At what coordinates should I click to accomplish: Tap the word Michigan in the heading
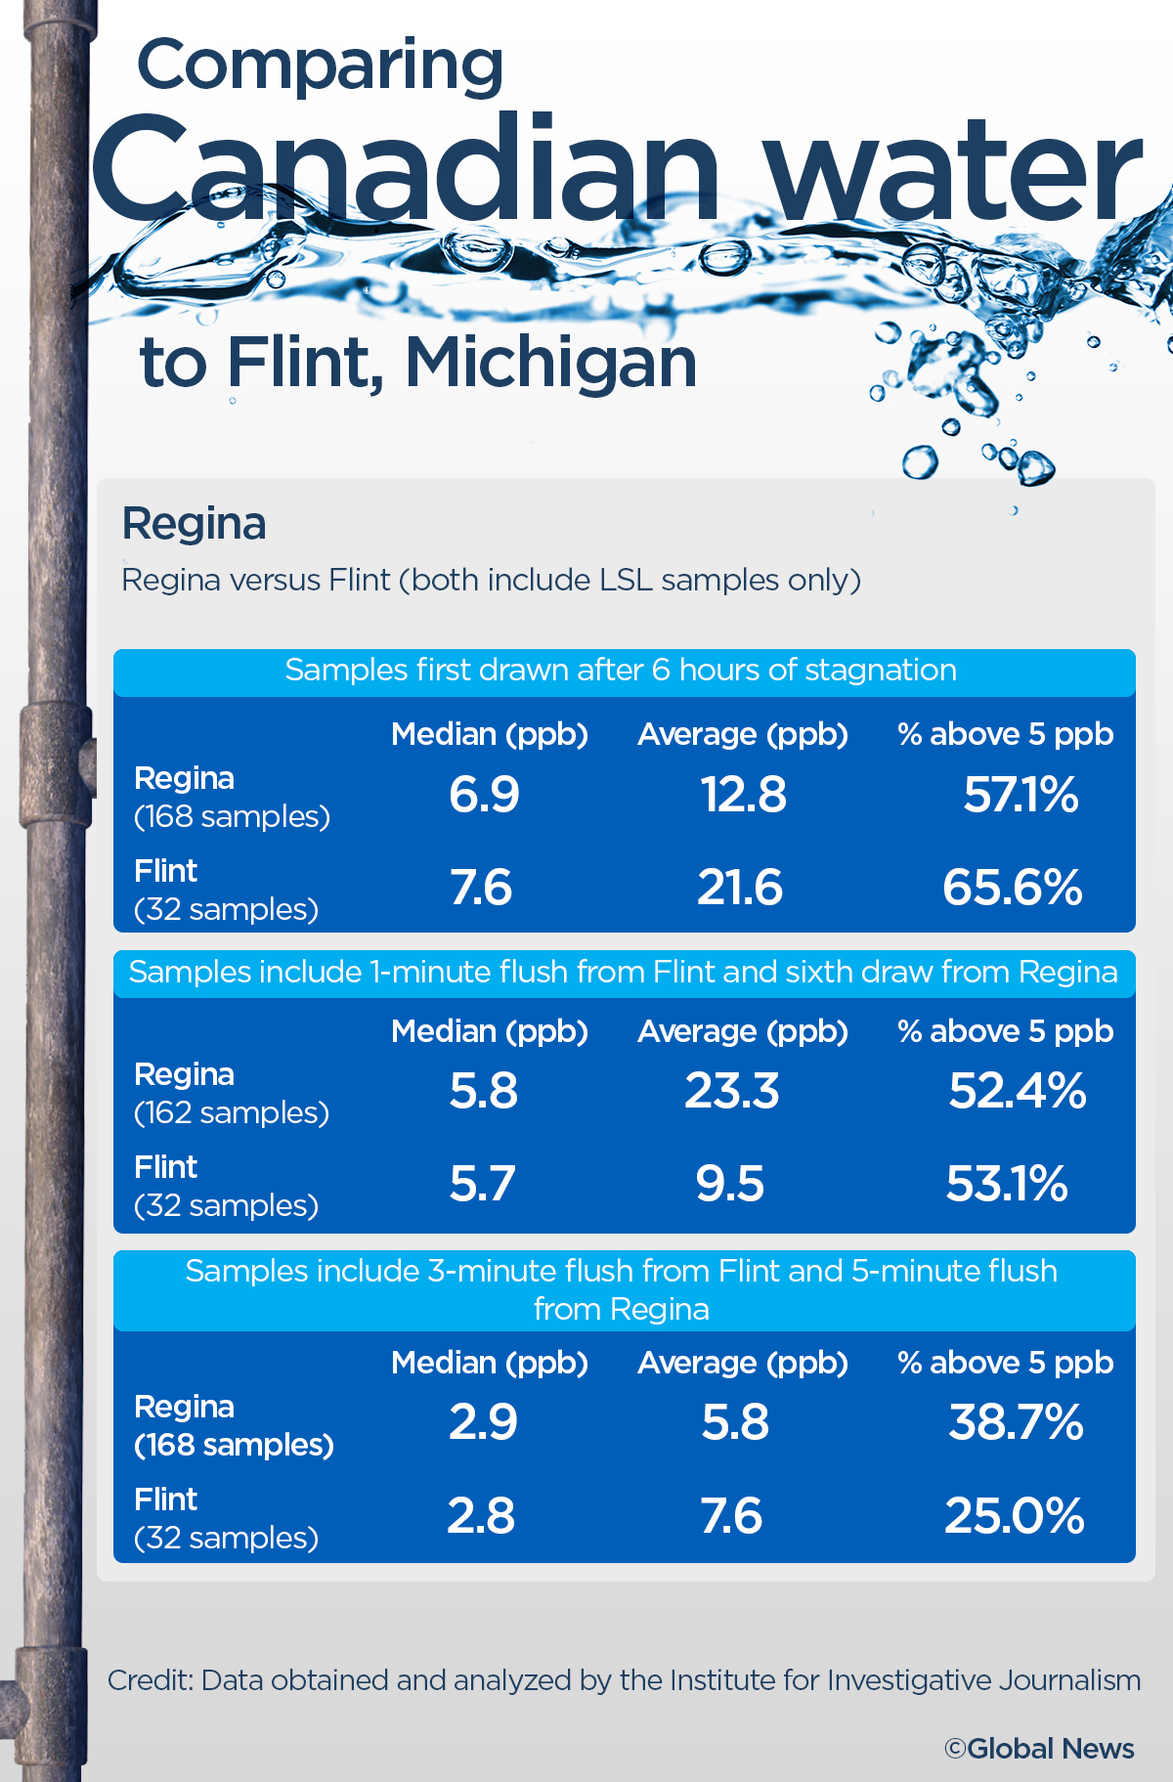[x=550, y=364]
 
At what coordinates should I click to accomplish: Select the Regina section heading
[x=194, y=524]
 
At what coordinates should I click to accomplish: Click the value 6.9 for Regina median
[x=484, y=794]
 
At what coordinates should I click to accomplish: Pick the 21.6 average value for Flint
[x=740, y=888]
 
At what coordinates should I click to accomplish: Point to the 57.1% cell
[x=1021, y=794]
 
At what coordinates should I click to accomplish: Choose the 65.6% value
[x=1013, y=888]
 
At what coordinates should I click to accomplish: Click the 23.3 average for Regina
[x=732, y=1091]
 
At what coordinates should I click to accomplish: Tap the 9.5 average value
[x=730, y=1184]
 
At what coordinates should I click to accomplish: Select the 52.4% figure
[x=1018, y=1091]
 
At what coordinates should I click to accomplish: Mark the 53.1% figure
[x=1007, y=1184]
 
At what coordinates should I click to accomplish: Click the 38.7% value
[x=1017, y=1422]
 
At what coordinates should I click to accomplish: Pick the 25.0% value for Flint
[x=1015, y=1516]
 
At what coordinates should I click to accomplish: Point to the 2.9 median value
[x=483, y=1422]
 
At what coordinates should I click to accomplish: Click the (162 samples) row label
[x=232, y=1112]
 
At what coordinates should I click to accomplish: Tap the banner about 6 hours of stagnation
[x=621, y=671]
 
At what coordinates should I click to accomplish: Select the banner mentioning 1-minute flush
[x=623, y=973]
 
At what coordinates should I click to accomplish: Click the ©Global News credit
[x=1039, y=1749]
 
